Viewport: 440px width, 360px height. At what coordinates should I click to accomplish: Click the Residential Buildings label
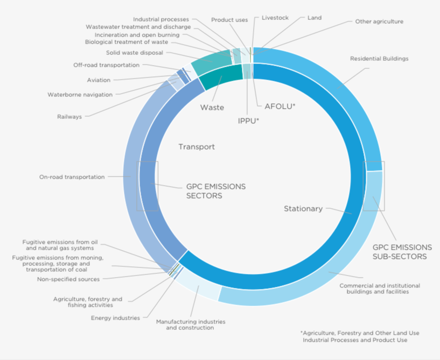pyautogui.click(x=379, y=58)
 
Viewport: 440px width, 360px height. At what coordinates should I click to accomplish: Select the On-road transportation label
pyautogui.click(x=72, y=177)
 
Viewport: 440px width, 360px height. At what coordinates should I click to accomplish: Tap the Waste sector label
pyautogui.click(x=212, y=108)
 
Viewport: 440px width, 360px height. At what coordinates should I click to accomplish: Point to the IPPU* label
pyautogui.click(x=248, y=121)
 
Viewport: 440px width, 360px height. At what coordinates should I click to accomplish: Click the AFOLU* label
pyautogui.click(x=280, y=106)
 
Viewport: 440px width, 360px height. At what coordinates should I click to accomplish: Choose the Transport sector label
pyautogui.click(x=197, y=146)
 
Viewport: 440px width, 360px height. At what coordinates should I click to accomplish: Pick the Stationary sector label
pyautogui.click(x=303, y=208)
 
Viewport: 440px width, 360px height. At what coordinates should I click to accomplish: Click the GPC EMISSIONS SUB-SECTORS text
pyautogui.click(x=402, y=252)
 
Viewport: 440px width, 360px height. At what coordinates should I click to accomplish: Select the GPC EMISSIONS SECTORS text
pyautogui.click(x=215, y=191)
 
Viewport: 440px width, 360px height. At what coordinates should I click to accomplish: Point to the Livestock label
pyautogui.click(x=275, y=18)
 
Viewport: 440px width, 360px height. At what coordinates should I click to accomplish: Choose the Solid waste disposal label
pyautogui.click(x=134, y=53)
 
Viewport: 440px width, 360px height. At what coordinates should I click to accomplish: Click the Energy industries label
pyautogui.click(x=115, y=318)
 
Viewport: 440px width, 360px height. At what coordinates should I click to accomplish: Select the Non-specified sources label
pyautogui.click(x=68, y=279)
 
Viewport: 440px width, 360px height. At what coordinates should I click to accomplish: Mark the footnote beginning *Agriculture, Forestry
pyautogui.click(x=360, y=336)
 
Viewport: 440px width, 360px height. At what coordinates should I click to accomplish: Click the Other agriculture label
pyautogui.click(x=379, y=22)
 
